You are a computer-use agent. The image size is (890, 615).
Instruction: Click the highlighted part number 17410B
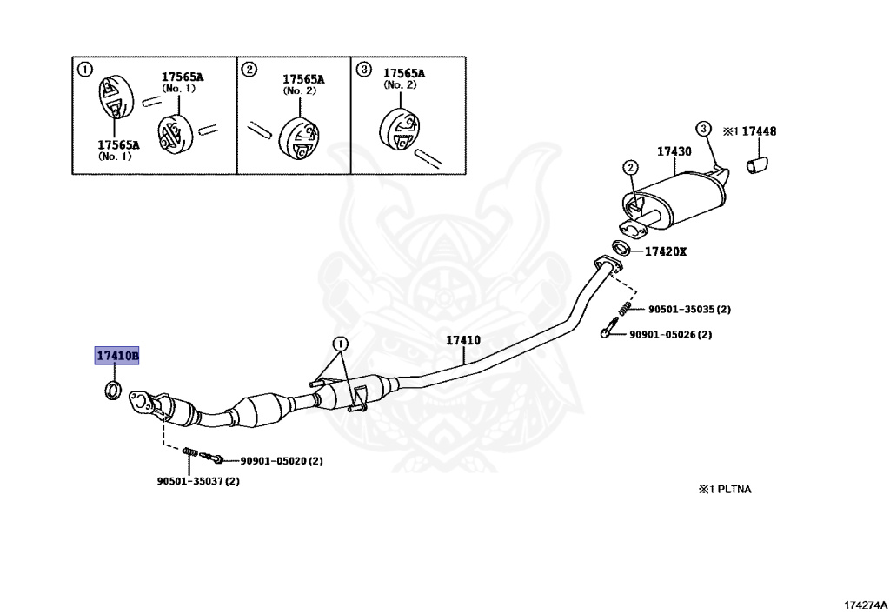tap(117, 356)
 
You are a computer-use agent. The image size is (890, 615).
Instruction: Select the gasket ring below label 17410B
tap(113, 390)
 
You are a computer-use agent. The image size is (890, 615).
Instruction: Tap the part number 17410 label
tap(463, 340)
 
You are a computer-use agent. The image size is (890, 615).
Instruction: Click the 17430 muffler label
tap(674, 151)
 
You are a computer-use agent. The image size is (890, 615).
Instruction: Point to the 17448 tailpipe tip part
tap(757, 165)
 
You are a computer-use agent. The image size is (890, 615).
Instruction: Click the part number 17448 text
tap(759, 131)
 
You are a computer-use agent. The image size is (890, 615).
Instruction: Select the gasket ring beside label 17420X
tap(621, 248)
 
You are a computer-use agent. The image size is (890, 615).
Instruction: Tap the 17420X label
tap(665, 251)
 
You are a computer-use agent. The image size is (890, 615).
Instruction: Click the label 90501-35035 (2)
tap(689, 310)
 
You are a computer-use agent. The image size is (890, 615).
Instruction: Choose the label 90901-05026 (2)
tap(670, 335)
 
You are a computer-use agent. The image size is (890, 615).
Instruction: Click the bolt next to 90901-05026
tap(609, 328)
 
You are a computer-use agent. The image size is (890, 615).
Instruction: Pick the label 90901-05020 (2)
tap(282, 461)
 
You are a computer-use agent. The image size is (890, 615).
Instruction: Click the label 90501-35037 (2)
tap(198, 481)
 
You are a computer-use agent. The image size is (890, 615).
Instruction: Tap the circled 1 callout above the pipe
tap(340, 344)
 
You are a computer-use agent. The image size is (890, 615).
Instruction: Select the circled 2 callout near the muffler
tap(630, 168)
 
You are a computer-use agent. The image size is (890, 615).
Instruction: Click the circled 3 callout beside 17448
tap(703, 129)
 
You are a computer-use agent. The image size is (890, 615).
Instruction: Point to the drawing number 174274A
tap(865, 605)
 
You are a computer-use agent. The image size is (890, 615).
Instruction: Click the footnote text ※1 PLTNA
tap(724, 489)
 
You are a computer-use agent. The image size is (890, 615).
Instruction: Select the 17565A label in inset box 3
tap(403, 73)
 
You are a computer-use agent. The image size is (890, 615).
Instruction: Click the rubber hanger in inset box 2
tap(299, 138)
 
